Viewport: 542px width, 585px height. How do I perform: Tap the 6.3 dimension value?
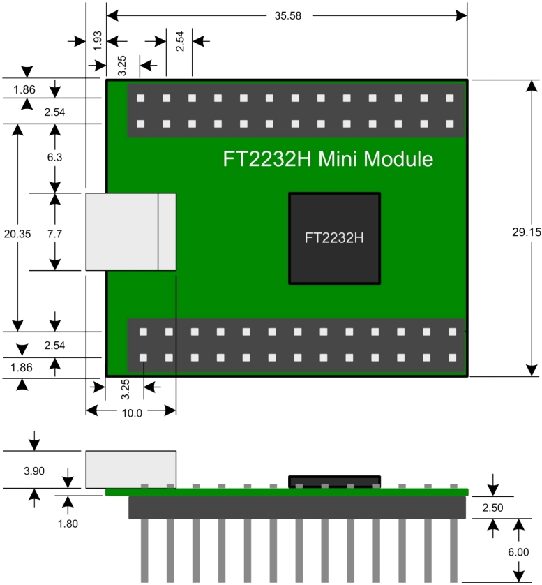54,158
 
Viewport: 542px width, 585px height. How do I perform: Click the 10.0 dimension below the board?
131,413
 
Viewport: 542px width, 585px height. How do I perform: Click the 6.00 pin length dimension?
517,551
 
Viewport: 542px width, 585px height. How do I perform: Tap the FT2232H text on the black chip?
334,238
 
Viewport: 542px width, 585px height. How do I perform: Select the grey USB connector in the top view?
130,232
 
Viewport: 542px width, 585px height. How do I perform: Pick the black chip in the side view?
335,482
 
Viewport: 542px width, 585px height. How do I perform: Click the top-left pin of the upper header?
141,98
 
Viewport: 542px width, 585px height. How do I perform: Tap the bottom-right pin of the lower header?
452,358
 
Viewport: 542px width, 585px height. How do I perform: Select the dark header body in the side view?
296,507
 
